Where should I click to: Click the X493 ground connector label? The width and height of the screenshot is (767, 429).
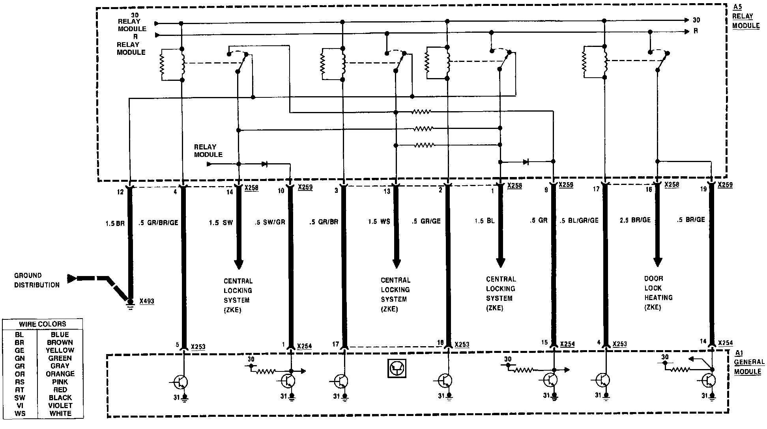pos(147,302)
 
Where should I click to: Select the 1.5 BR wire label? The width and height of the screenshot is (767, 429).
pos(115,223)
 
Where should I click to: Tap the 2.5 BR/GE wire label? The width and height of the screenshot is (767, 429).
pos(635,220)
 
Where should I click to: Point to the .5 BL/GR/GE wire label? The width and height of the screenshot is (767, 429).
pos(579,220)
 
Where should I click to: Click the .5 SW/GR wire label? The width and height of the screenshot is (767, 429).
pos(270,222)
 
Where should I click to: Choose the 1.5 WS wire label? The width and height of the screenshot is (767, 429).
pos(379,222)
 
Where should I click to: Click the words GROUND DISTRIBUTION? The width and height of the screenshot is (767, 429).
pos(37,280)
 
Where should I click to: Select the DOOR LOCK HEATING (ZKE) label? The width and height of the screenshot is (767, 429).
pos(658,293)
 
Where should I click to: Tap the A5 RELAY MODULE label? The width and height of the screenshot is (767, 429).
pos(746,17)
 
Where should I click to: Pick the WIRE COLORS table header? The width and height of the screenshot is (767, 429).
pos(43,324)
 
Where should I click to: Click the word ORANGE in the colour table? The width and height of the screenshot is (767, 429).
pos(60,374)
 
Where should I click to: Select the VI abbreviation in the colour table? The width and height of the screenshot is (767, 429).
pos(20,406)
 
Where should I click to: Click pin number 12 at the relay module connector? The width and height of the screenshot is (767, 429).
pos(120,192)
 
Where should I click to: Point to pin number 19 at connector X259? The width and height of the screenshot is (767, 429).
pos(703,189)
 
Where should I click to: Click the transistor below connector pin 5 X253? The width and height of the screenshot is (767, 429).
pos(181,382)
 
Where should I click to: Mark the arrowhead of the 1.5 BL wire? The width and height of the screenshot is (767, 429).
pos(500,263)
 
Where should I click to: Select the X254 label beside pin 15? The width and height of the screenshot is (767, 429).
pos(567,344)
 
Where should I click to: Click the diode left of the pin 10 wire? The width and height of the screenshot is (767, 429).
pos(264,164)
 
